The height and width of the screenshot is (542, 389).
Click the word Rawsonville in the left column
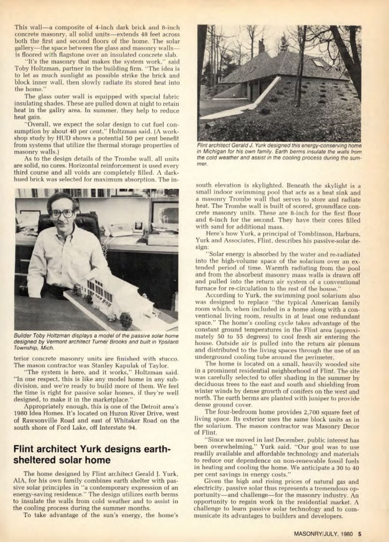pyautogui.click(x=40, y=421)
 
